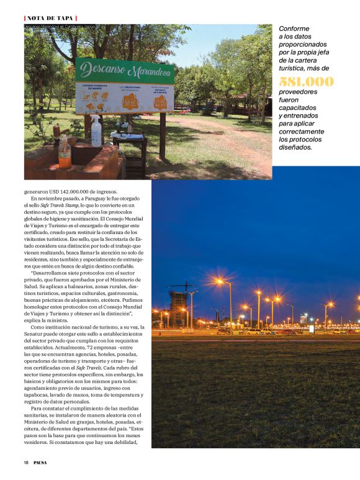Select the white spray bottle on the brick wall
(x=96, y=133)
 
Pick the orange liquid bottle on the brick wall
(x=64, y=152)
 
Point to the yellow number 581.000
(x=306, y=82)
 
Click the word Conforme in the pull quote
(x=294, y=29)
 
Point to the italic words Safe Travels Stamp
(x=59, y=206)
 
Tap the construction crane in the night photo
(x=181, y=287)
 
